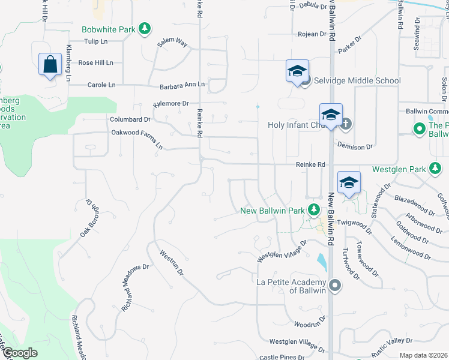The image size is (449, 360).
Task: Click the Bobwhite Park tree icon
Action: (x=144, y=28)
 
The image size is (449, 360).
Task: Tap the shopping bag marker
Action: (x=50, y=64)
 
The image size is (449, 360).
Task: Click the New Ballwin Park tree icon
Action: (x=313, y=210)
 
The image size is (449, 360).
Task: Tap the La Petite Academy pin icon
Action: (x=335, y=286)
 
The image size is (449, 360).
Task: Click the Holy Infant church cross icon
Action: (x=345, y=125)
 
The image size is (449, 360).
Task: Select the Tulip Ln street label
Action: (x=95, y=41)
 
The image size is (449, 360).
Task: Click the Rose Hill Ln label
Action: (x=95, y=62)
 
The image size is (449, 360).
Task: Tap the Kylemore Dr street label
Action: (x=171, y=103)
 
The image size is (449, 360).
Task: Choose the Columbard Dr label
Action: (x=130, y=119)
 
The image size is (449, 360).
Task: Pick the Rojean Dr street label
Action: (x=312, y=34)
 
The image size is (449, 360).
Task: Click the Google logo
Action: (x=19, y=353)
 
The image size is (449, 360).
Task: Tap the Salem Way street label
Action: (x=172, y=42)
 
